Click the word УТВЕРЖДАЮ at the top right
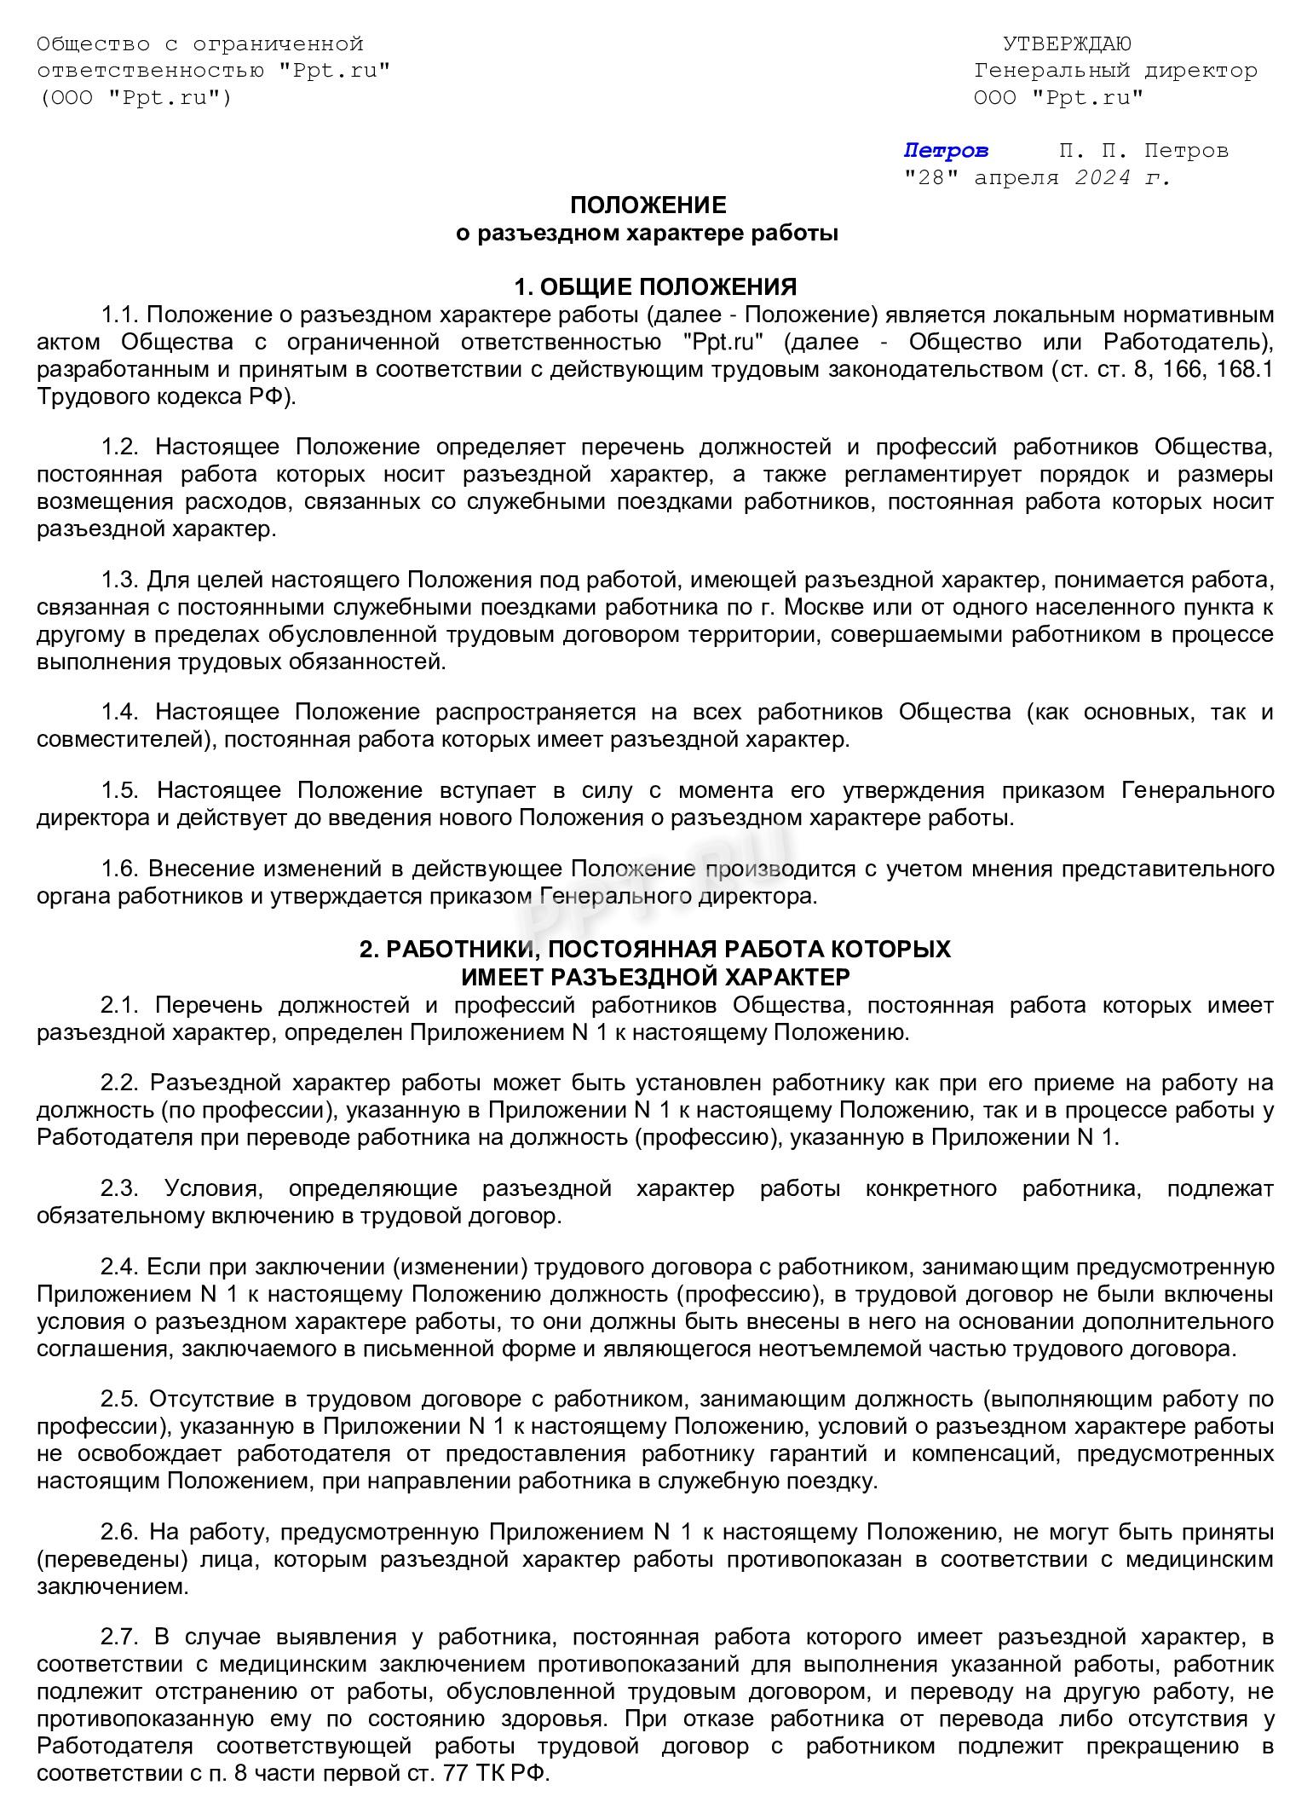click(1066, 43)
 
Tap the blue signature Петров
click(946, 151)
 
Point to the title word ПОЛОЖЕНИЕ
click(648, 205)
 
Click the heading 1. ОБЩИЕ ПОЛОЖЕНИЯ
click(655, 286)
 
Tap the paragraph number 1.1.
click(119, 315)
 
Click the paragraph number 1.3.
click(119, 581)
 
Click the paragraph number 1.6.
click(119, 869)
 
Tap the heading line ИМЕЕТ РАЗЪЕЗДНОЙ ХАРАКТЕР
click(655, 976)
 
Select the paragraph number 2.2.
click(119, 1083)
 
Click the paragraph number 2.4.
click(119, 1268)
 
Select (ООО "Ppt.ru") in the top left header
click(134, 97)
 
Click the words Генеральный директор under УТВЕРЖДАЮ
click(1115, 71)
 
